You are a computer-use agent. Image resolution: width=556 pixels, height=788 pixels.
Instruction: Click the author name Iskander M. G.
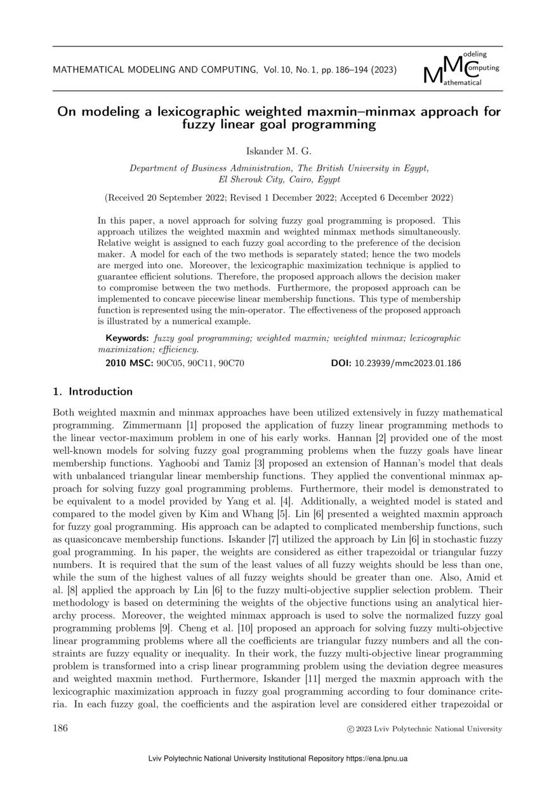pyautogui.click(x=278, y=151)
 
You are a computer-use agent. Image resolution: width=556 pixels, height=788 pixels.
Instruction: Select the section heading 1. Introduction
pyautogui.click(x=93, y=391)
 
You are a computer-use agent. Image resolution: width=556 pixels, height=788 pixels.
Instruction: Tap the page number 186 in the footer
pyautogui.click(x=60, y=728)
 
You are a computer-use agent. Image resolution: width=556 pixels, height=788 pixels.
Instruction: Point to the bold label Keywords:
pyautogui.click(x=127, y=338)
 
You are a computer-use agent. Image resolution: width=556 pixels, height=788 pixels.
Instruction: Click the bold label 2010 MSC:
pyautogui.click(x=129, y=363)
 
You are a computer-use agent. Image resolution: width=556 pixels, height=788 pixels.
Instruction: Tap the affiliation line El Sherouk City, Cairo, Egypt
pyautogui.click(x=279, y=180)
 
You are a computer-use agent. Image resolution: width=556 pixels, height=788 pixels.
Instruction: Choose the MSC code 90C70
pyautogui.click(x=231, y=363)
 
